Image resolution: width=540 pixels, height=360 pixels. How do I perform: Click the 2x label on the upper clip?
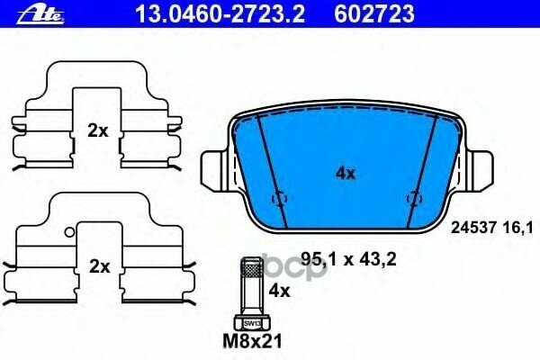click(98, 130)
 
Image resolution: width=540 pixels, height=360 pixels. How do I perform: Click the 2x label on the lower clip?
click(98, 266)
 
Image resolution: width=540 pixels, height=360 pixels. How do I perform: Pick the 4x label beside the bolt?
click(279, 291)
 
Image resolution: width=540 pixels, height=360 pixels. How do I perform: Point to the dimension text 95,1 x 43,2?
click(340, 257)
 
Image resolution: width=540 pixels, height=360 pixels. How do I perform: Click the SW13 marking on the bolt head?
click(250, 322)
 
